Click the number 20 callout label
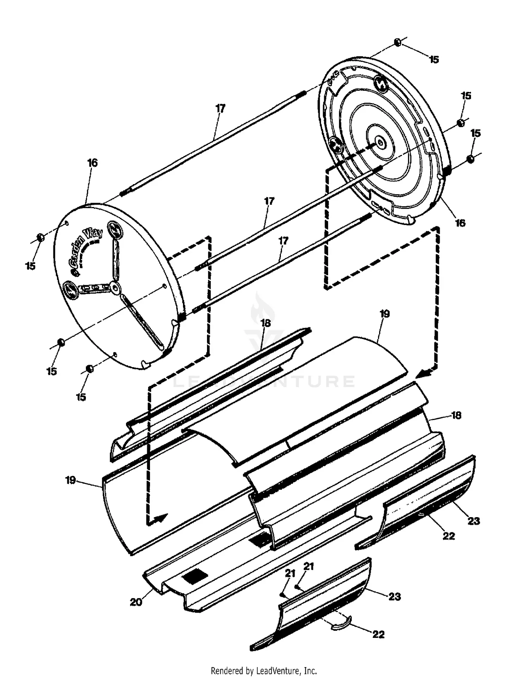136,602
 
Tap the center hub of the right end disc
381,142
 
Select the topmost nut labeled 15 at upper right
397,43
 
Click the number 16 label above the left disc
92,163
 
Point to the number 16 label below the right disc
460,223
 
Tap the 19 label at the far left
70,480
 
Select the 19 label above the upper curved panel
385,314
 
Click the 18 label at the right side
456,415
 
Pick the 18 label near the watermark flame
265,323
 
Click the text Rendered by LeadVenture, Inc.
264,670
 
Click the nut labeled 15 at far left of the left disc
40,238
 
